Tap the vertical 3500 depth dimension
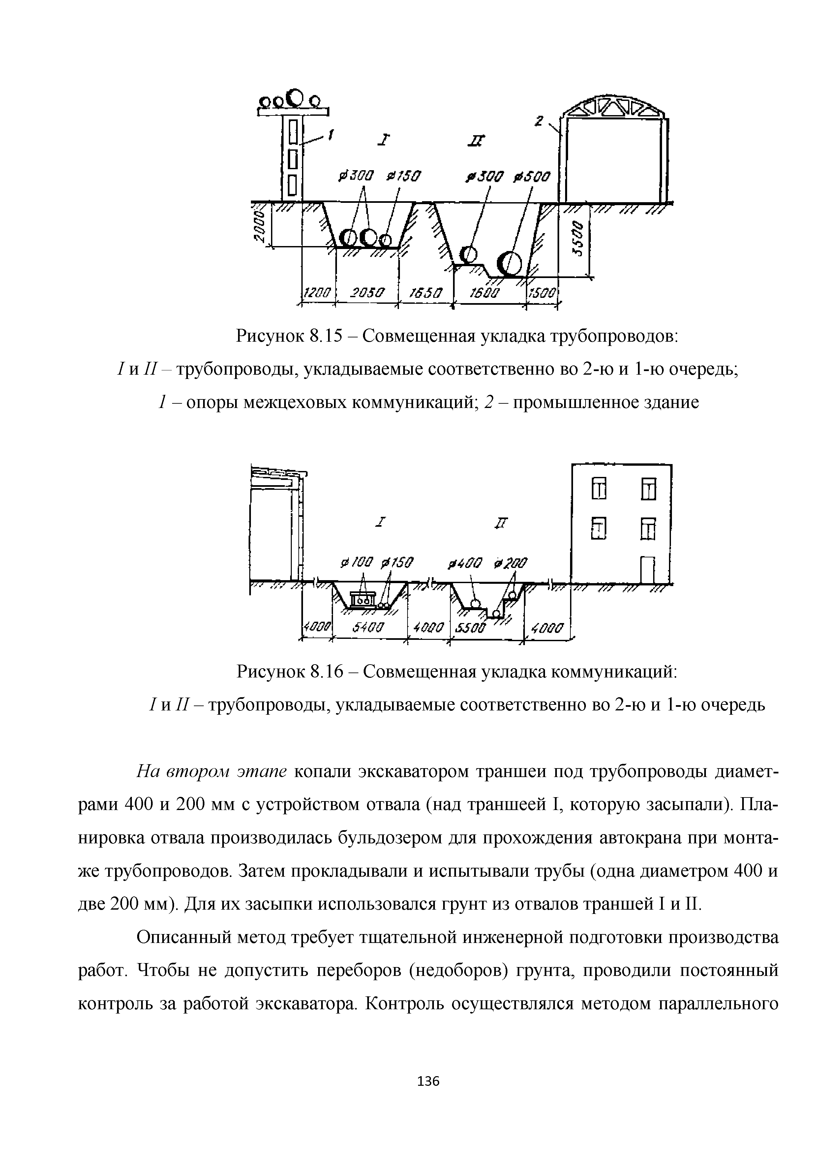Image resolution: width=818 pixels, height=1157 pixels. click(x=580, y=239)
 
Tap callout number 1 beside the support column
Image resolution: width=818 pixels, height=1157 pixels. click(x=331, y=135)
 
